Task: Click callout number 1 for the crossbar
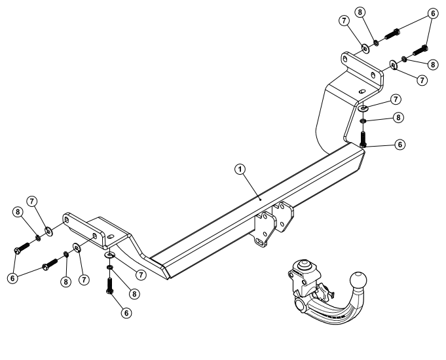[241, 168]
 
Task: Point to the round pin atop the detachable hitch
[304, 266]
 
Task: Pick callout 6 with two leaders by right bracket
[432, 12]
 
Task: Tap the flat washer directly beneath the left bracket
[110, 255]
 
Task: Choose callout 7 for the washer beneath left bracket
[138, 274]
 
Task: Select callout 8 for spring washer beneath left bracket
[134, 294]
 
